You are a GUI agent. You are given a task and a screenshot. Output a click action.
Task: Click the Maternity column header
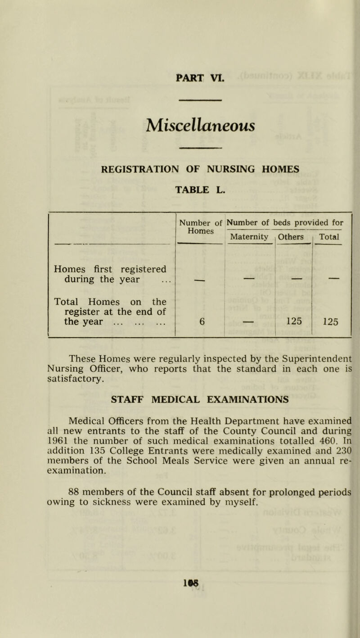tap(249, 236)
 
